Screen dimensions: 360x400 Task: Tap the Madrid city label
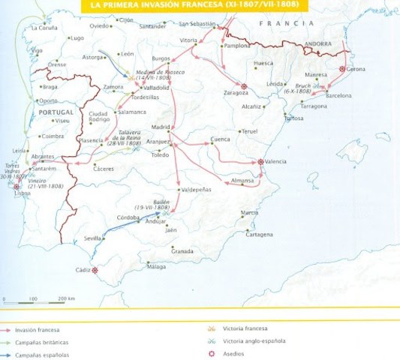coord(161,127)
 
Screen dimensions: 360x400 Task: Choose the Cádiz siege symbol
coord(95,271)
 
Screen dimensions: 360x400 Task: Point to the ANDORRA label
coord(317,44)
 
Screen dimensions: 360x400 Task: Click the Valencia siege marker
coord(261,162)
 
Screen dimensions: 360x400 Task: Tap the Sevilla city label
coord(92,238)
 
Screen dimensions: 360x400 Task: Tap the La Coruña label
coord(44,28)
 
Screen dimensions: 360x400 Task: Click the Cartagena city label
coord(260,234)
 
